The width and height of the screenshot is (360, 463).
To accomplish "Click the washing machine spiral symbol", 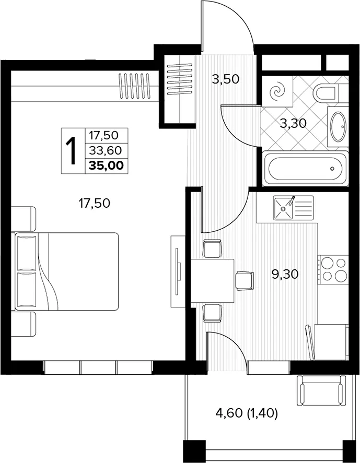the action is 278,91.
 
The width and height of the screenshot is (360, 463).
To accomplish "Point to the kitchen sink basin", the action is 283,208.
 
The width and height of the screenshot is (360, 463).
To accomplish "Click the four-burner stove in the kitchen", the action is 334,269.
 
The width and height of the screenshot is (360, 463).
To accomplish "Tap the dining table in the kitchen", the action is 212,281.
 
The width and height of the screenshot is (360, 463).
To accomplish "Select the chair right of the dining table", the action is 245,281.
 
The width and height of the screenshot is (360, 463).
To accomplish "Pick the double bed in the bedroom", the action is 66,271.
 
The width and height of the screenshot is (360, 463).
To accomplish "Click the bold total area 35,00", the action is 107,165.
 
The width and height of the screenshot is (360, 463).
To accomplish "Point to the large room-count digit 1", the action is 71,151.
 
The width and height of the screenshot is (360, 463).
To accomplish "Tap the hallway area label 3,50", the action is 226,79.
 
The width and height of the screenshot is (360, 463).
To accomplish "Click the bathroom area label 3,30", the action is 293,123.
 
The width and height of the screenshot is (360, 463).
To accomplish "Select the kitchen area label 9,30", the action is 285,275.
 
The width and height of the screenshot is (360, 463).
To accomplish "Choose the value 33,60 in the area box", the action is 106,151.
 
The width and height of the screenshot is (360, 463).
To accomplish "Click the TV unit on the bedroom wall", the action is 178,271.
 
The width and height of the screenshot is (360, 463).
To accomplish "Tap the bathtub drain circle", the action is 332,169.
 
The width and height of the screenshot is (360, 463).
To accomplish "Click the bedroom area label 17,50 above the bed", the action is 94,203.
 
